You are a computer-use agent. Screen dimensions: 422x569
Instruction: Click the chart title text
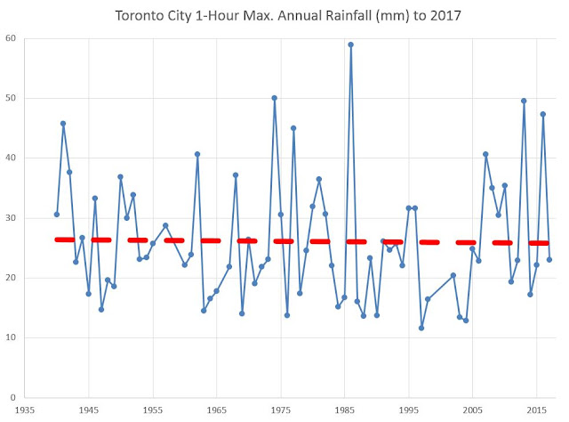[x=284, y=15]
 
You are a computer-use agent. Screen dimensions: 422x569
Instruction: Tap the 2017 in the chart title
[x=422, y=15]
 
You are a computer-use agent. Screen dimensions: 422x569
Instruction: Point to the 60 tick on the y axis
[x=12, y=38]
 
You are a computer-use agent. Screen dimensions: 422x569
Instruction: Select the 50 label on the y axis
[x=12, y=98]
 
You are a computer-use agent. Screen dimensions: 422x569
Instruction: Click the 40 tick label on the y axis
[x=12, y=158]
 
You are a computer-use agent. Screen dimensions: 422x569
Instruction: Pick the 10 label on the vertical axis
[x=12, y=337]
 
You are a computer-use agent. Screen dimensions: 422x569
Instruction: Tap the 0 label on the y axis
[x=14, y=397]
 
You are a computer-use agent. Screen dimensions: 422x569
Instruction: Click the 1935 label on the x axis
[x=25, y=410]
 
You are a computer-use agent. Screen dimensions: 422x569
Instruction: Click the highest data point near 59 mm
[x=351, y=45]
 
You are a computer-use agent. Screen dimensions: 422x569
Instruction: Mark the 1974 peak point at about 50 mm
[x=274, y=98]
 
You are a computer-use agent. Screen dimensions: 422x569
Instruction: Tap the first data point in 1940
[x=57, y=214]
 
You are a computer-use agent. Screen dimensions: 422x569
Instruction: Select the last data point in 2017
[x=549, y=259]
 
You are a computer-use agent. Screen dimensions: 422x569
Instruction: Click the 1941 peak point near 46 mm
[x=63, y=124]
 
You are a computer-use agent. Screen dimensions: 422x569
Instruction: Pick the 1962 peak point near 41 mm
[x=197, y=154]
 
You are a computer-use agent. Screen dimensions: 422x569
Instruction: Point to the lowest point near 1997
[x=421, y=328]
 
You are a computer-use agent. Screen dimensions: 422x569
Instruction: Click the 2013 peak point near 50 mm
[x=524, y=101]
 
